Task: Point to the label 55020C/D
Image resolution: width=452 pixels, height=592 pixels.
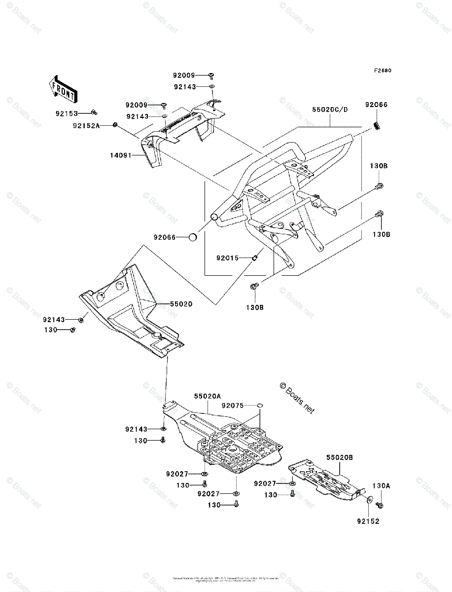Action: (330, 110)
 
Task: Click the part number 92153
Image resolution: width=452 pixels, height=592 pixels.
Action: (67, 113)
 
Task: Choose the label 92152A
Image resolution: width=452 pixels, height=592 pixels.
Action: (86, 126)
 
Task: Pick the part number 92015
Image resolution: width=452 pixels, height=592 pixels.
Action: (228, 257)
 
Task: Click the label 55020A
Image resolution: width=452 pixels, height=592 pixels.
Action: (207, 396)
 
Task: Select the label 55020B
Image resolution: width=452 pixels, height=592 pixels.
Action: (339, 458)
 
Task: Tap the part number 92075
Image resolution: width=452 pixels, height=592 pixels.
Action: (233, 406)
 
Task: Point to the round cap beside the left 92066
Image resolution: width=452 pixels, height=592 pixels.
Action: (193, 238)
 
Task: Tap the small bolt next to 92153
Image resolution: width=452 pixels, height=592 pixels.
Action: (94, 113)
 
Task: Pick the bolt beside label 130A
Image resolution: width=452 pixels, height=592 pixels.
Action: (379, 505)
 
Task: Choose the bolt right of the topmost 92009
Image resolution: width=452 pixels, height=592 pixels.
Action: (211, 75)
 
